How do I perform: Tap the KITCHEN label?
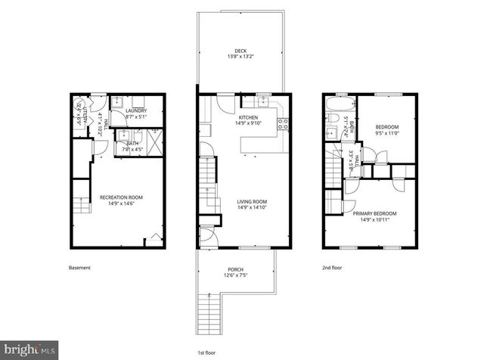pos(249,118)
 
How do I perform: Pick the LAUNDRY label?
pos(136,111)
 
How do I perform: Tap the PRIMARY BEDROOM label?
pos(374,213)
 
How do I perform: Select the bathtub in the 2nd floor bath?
pos(338,104)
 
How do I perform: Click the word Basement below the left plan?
pos(79,268)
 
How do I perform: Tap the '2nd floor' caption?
pos(331,268)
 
